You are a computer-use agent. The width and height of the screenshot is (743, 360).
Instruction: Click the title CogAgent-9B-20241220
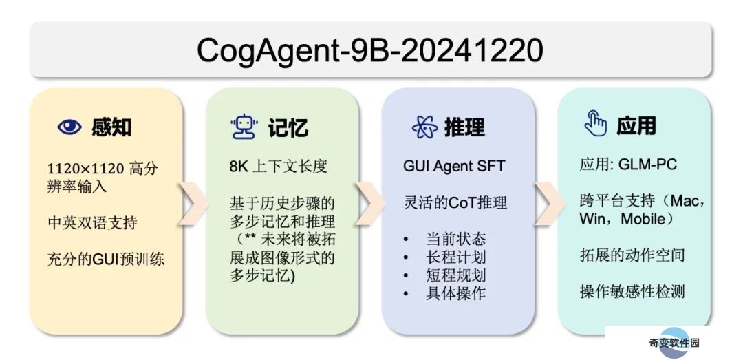(x=369, y=50)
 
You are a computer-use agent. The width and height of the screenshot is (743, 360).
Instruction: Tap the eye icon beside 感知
(x=69, y=127)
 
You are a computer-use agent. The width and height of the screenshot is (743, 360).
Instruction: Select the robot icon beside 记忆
(x=244, y=127)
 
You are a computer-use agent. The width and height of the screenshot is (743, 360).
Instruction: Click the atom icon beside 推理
(x=424, y=127)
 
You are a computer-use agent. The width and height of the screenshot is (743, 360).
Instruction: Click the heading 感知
(x=111, y=127)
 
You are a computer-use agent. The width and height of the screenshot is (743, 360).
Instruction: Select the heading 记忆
(x=288, y=127)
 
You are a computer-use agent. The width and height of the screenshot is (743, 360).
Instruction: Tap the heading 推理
(x=464, y=127)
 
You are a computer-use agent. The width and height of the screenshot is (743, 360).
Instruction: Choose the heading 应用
(x=636, y=126)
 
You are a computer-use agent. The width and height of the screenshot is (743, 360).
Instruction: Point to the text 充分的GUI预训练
(x=106, y=260)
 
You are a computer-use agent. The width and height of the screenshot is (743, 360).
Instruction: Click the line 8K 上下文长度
(x=278, y=167)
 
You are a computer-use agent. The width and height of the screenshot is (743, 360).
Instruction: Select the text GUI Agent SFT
(x=454, y=166)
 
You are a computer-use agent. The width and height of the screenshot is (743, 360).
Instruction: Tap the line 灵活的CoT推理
(x=455, y=202)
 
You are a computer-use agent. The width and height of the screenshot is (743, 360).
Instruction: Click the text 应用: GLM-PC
(x=628, y=164)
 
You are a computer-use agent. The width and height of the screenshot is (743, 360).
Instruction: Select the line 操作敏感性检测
(x=632, y=290)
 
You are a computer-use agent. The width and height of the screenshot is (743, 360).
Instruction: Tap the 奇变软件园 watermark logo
(x=674, y=343)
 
